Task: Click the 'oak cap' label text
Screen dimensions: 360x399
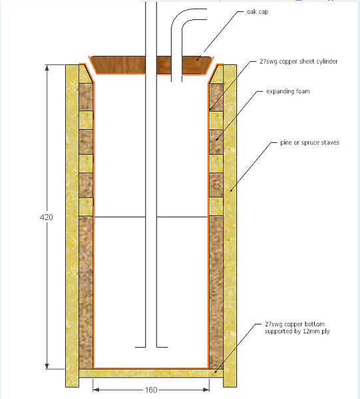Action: point(258,12)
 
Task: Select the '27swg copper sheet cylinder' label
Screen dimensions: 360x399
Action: point(299,61)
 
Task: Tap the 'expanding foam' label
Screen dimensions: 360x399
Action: point(288,91)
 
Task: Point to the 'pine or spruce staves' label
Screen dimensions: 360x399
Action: point(309,142)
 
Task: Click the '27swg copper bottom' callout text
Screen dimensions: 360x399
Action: point(295,324)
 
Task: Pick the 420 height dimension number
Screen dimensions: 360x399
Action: point(47,217)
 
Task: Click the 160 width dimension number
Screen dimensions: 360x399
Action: point(151,390)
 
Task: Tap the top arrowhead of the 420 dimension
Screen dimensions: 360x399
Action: point(47,68)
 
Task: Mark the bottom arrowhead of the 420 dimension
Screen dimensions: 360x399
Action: point(47,366)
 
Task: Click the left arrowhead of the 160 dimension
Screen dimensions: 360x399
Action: point(96,390)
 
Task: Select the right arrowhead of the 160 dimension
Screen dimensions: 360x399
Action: point(206,390)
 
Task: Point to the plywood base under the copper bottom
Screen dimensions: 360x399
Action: point(151,373)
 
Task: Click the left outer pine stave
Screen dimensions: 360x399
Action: point(73,226)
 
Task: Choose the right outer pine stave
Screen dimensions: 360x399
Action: point(230,226)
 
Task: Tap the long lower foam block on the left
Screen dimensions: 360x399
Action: point(86,292)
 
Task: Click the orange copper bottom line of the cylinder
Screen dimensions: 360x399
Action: point(151,368)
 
